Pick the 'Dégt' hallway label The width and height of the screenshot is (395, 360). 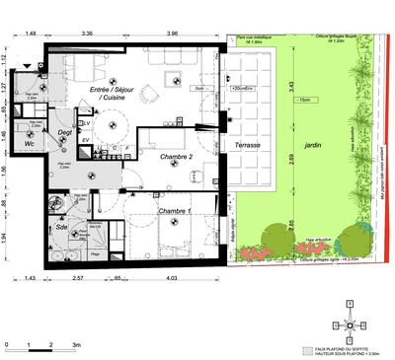tap(65, 131)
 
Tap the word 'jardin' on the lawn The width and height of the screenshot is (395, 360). tap(313, 143)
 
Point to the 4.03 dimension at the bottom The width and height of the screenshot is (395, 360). tap(172, 280)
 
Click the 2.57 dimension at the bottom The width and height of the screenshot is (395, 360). tap(78, 280)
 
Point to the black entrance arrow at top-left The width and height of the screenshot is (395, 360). tap(53, 44)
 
